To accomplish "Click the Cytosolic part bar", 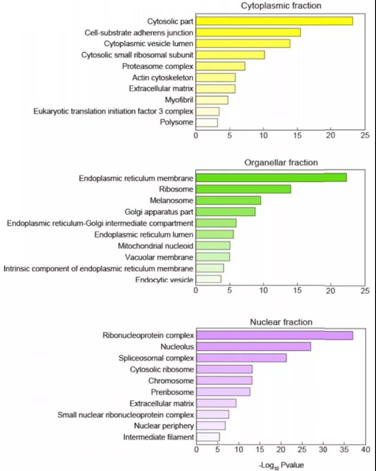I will tap(274, 21).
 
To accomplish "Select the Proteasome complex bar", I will tap(220, 66).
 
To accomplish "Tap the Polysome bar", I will tap(206, 122).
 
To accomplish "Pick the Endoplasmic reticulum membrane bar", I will tap(271, 177).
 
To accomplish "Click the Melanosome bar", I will tap(228, 200).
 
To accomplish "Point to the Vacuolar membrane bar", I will tap(213, 257).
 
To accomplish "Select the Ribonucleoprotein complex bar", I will tap(274, 335).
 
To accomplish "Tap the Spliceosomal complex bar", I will tap(241, 358).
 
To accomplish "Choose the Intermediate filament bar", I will tap(208, 437).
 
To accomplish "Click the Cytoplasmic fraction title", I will tap(281, 6).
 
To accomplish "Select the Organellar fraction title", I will tap(281, 163).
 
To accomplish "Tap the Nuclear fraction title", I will tap(281, 322).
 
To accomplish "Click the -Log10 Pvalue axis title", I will tap(281, 465).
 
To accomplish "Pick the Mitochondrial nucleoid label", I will tap(155, 246).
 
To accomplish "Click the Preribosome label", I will tap(172, 392).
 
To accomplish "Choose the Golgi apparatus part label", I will tap(159, 212).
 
